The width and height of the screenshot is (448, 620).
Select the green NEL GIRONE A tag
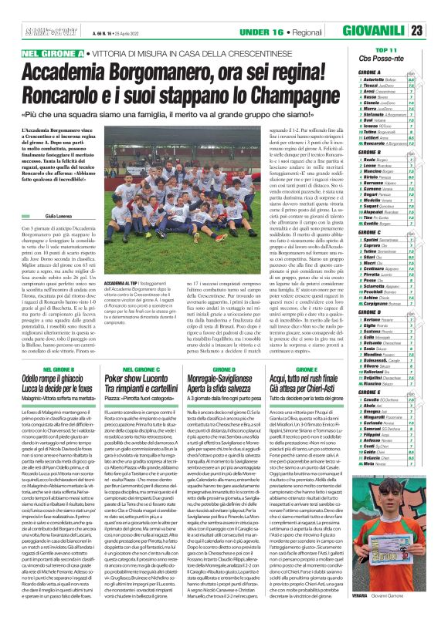56,52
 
